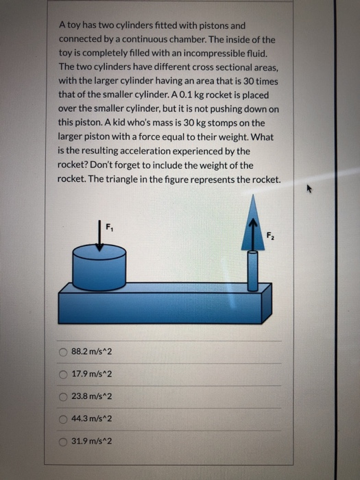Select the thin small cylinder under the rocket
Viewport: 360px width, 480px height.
coord(252,271)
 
